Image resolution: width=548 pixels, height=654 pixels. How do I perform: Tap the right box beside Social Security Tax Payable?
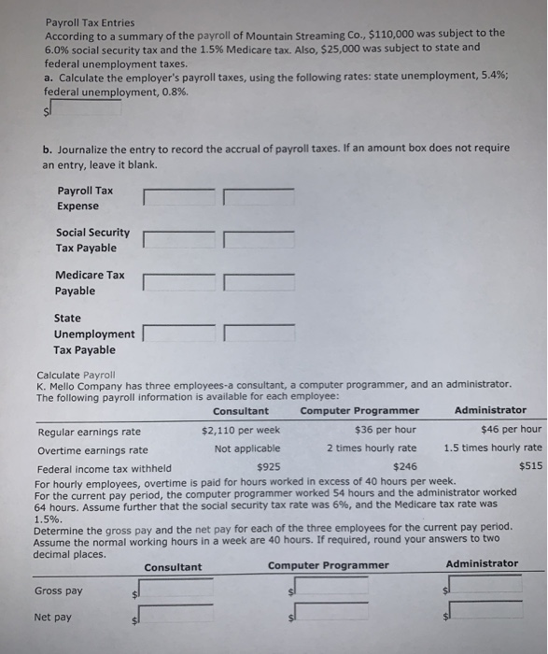tap(259, 238)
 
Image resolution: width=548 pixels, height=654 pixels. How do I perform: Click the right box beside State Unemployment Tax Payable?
tap(259, 333)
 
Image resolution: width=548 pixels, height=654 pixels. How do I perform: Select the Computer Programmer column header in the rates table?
tap(359, 409)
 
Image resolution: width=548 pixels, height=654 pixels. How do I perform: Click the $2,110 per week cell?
tap(241, 430)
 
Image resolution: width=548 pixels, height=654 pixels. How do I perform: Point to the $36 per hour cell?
tap(386, 430)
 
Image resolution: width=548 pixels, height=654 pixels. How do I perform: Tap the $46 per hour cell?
tap(510, 430)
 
